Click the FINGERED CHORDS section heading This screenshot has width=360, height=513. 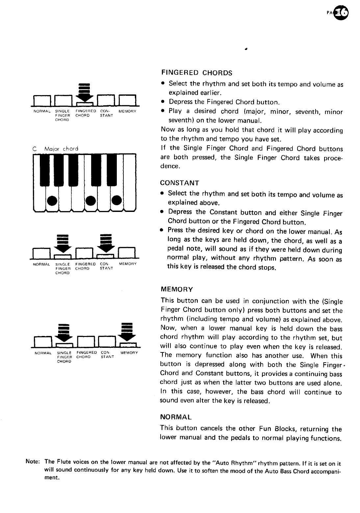[x=196, y=72]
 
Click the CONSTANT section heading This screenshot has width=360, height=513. [x=180, y=183]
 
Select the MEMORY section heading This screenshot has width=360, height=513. [x=176, y=290]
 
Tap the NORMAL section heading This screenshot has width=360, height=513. [x=176, y=417]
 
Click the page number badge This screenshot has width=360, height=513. [x=344, y=13]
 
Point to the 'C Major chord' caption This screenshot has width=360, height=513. [x=56, y=148]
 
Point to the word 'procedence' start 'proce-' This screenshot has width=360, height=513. [x=333, y=158]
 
